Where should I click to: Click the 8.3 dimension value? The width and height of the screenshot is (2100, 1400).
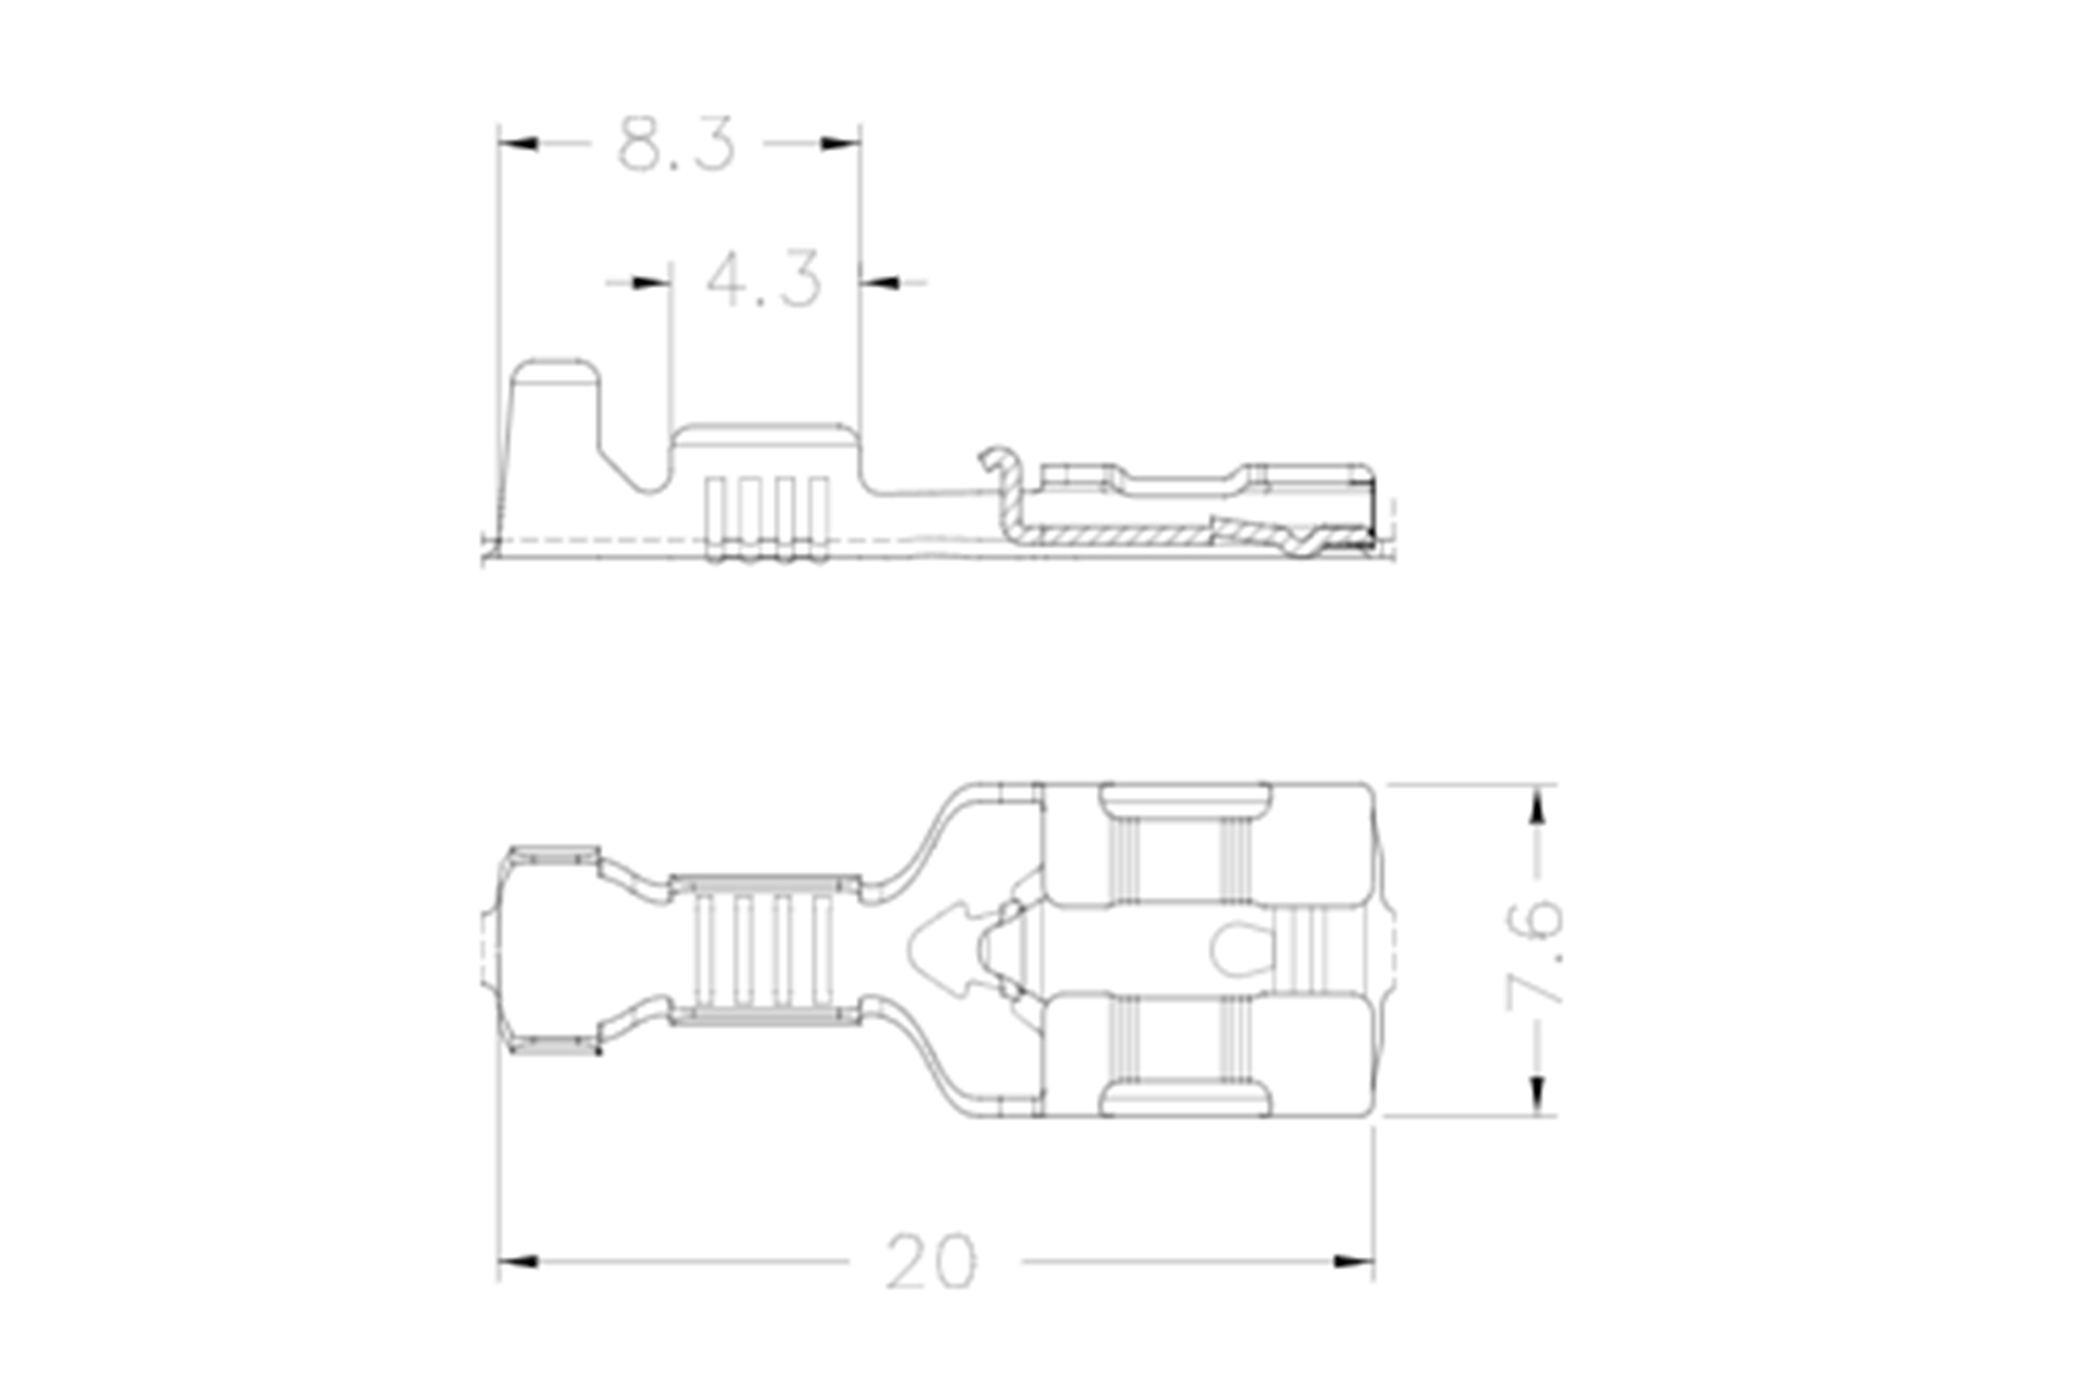tap(677, 145)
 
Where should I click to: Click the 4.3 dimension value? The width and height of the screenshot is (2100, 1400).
tap(763, 279)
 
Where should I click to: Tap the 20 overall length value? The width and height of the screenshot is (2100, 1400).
tap(931, 1262)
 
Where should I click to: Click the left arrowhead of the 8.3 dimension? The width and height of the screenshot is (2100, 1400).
tap(518, 144)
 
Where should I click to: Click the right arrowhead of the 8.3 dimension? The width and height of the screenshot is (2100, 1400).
tap(840, 144)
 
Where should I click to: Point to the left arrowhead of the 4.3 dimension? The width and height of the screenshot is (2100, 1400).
tap(651, 282)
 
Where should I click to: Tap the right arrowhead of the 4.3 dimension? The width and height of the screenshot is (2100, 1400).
tap(880, 282)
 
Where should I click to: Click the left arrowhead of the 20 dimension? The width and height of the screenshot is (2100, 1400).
tap(518, 1262)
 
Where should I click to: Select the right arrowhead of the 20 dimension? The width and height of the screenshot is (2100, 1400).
tap(1353, 1262)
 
